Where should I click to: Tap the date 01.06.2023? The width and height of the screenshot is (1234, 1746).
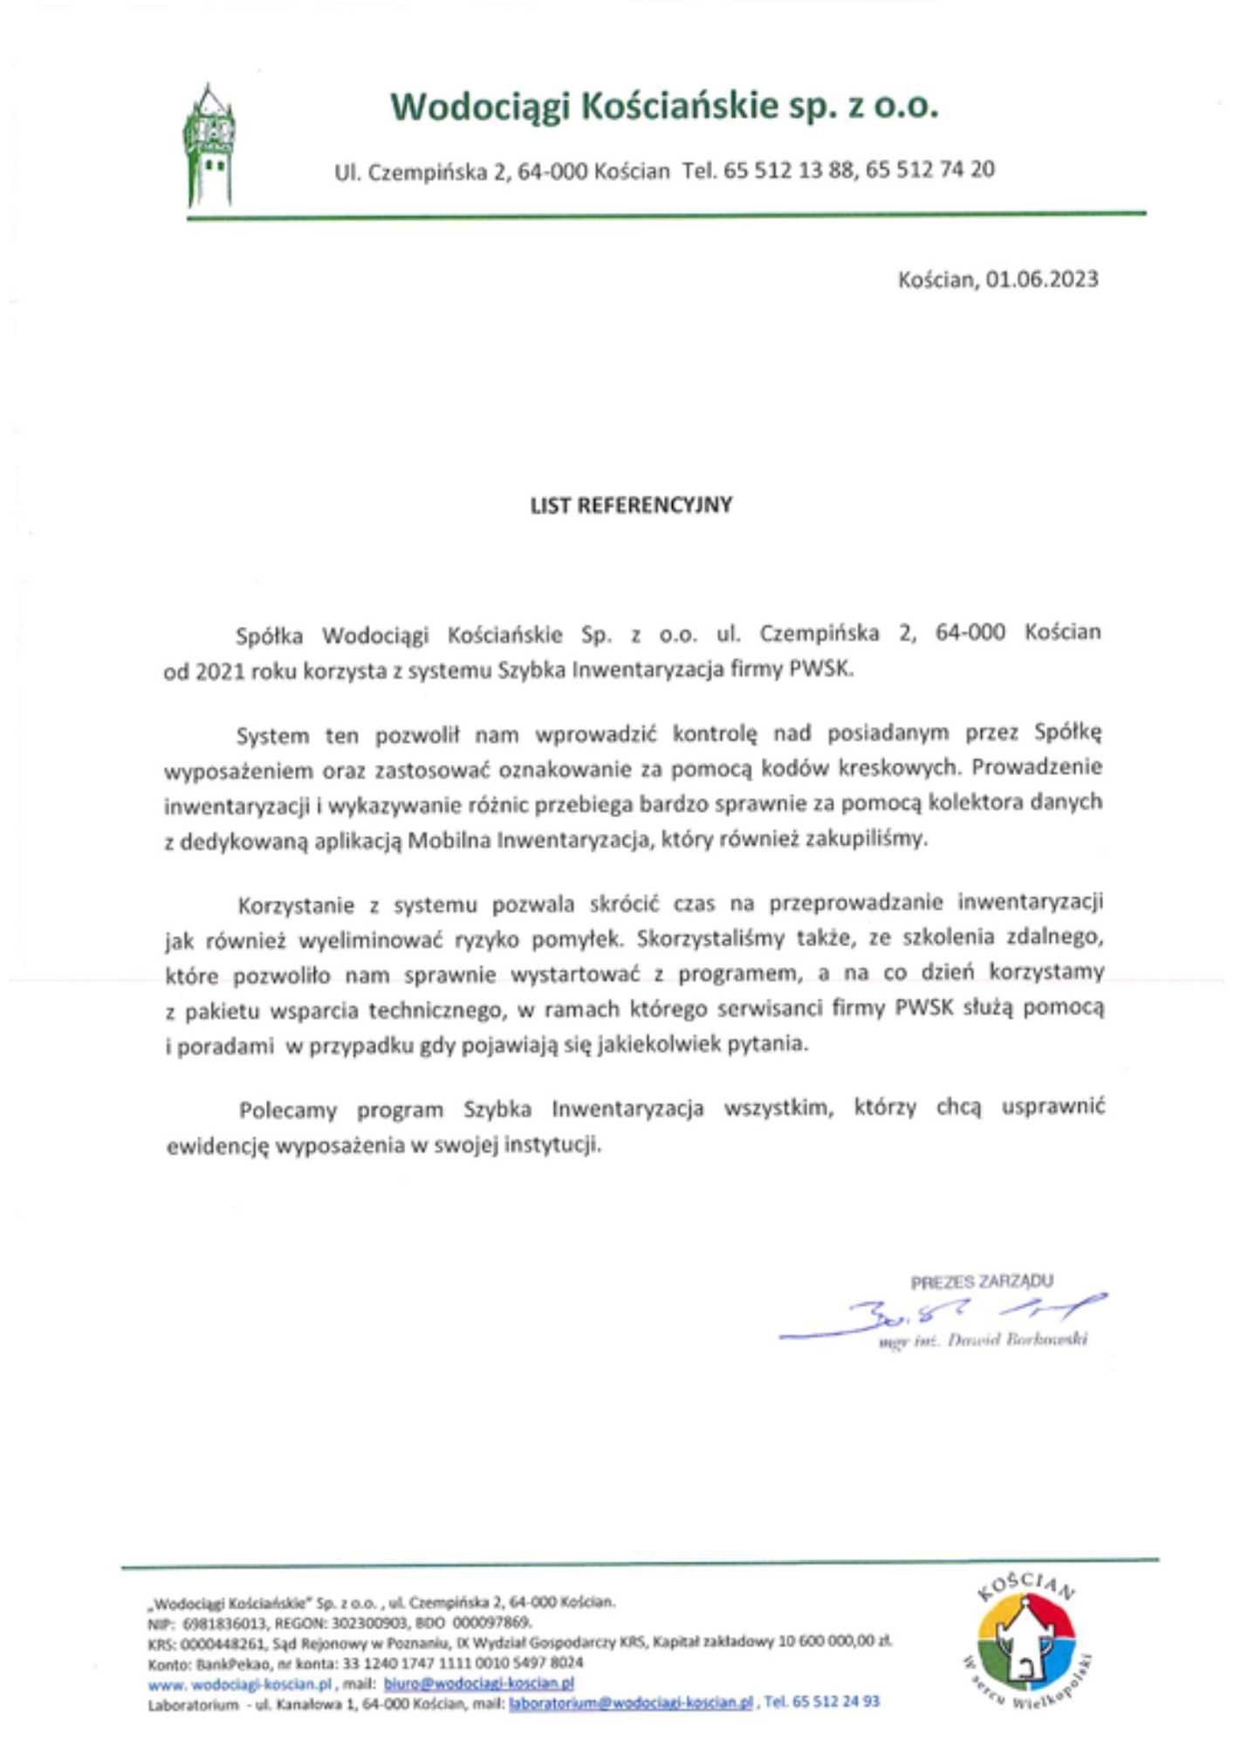(1042, 279)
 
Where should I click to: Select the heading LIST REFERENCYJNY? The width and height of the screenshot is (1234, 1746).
(631, 505)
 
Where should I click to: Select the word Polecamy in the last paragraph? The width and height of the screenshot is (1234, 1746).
(288, 1110)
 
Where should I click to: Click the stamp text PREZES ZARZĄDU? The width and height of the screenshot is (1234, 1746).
(982, 1282)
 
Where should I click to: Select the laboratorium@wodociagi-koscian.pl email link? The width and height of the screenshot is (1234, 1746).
(630, 1702)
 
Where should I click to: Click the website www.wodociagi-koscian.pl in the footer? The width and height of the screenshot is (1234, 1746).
(240, 1684)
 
